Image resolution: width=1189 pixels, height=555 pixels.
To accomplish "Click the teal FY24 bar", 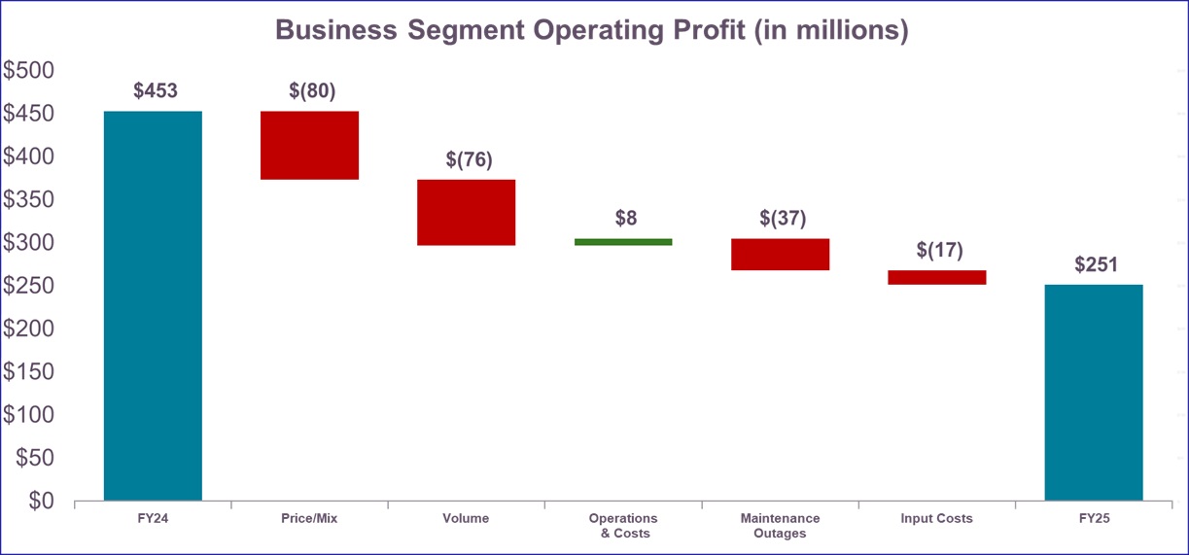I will pyautogui.click(x=153, y=305).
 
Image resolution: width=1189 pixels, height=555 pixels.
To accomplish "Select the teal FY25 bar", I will pyautogui.click(x=1093, y=392).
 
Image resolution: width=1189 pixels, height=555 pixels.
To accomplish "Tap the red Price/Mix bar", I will pyautogui.click(x=309, y=145).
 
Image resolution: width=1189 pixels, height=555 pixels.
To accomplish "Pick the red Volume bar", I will pyautogui.click(x=466, y=212).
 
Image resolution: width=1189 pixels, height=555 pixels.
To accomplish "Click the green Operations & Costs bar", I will pyautogui.click(x=623, y=242).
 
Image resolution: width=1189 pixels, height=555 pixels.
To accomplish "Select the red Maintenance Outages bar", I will pyautogui.click(x=780, y=254).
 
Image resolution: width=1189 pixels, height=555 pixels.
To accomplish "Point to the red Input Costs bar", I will pyautogui.click(x=936, y=277).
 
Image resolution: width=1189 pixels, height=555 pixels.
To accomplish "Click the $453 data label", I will pyautogui.click(x=156, y=91).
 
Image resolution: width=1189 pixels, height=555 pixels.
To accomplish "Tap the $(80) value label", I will pyautogui.click(x=312, y=91).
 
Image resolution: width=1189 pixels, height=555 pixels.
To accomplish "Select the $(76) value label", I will pyautogui.click(x=469, y=159).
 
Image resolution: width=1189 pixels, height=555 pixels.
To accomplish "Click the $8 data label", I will pyautogui.click(x=626, y=218).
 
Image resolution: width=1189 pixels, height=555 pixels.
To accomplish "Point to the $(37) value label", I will pyautogui.click(x=783, y=218).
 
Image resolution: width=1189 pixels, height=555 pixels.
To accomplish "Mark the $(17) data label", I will pyautogui.click(x=939, y=250).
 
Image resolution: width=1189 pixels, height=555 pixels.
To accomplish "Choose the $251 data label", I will pyautogui.click(x=1096, y=264).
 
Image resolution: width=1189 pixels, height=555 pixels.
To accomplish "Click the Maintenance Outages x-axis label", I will pyautogui.click(x=780, y=526).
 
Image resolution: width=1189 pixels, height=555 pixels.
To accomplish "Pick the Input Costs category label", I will pyautogui.click(x=936, y=519).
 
